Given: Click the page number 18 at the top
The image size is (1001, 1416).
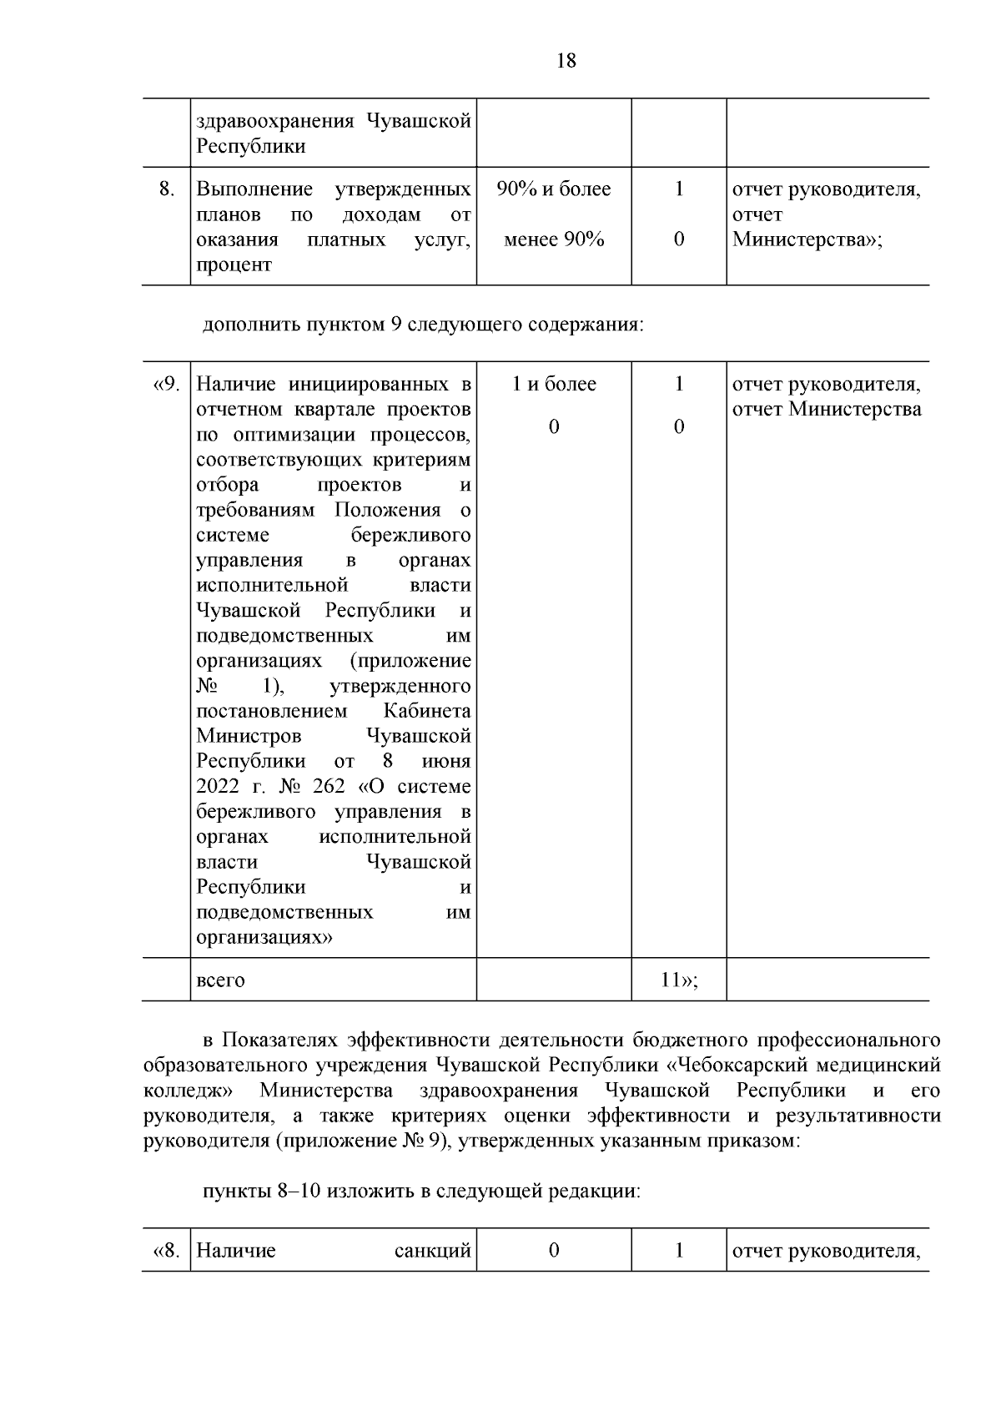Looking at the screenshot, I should click(565, 61).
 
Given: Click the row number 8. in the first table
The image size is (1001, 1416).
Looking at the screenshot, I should click(166, 189).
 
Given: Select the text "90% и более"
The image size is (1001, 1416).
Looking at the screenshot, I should click(553, 189).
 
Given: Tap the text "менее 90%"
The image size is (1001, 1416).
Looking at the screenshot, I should click(553, 240).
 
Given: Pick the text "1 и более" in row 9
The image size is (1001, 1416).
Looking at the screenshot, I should click(553, 384).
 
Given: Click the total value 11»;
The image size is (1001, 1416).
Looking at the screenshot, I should click(678, 980).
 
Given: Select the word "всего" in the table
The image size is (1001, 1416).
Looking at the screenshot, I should click(220, 980).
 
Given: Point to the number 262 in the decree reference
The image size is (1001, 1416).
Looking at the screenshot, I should click(328, 786).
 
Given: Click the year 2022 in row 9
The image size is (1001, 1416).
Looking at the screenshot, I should click(217, 786).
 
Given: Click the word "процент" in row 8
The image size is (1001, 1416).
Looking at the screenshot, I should click(234, 265).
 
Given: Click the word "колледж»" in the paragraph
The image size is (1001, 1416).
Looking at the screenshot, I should click(188, 1091).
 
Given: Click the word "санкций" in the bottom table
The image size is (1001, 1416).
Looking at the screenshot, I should click(432, 1251).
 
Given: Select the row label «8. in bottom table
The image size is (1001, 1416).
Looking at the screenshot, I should click(167, 1251).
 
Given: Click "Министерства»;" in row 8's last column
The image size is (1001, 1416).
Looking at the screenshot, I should click(807, 240).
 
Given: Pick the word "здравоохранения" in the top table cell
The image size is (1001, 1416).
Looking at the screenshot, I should click(274, 121).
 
